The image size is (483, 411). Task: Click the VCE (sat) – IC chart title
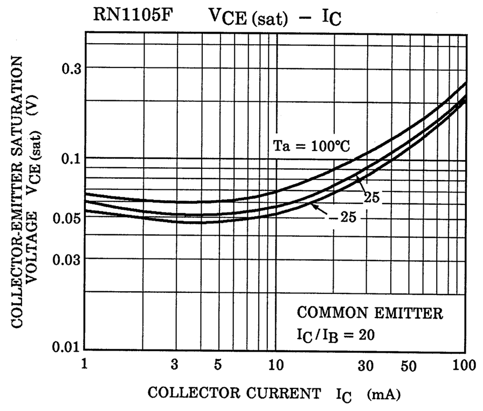(275, 18)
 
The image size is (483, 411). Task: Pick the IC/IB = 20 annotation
(335, 334)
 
